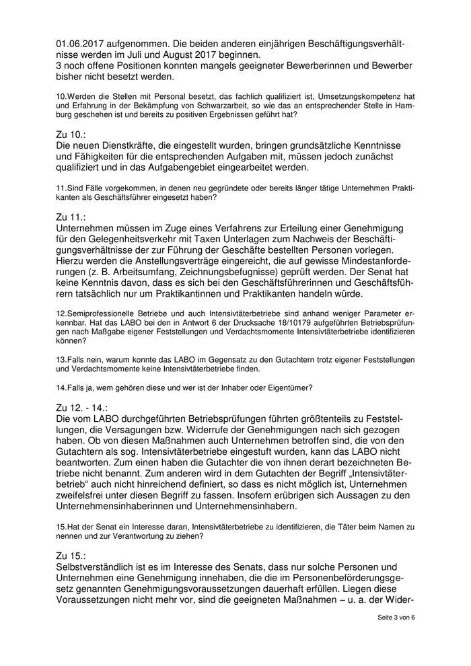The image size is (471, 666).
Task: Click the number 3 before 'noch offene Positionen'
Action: tap(59, 66)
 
